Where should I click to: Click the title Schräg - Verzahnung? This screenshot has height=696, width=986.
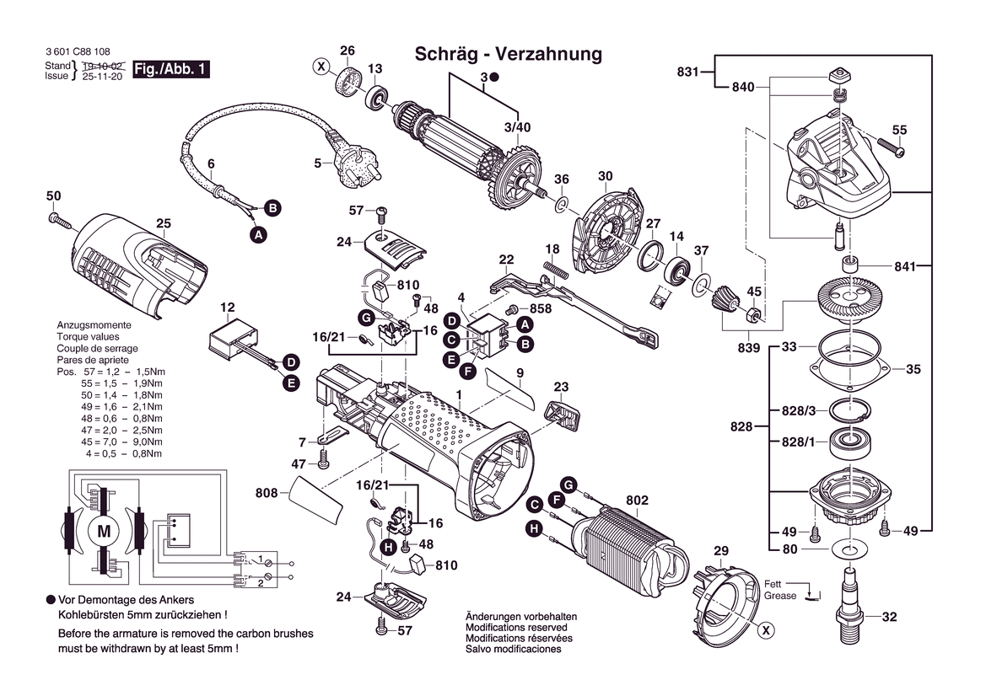pos(509,55)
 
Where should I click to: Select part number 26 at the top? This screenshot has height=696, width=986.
pos(348,51)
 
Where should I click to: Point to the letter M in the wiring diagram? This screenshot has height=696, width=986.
pos(104,531)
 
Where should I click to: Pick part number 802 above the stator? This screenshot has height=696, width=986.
pos(638,501)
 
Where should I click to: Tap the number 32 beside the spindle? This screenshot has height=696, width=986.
pos(889,617)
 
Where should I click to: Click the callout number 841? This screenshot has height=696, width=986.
pos(904,266)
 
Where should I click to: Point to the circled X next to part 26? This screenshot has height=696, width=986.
pos(321,66)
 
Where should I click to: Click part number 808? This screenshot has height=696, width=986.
pos(267,493)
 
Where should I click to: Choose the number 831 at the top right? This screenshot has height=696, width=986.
pos(688,72)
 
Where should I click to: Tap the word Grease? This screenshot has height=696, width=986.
pos(780,596)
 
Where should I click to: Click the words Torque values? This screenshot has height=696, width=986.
pos(88,336)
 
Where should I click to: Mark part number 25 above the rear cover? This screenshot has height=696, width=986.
pos(164,223)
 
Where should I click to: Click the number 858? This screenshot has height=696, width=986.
pos(541,310)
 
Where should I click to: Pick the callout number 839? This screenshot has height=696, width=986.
pos(748,348)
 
